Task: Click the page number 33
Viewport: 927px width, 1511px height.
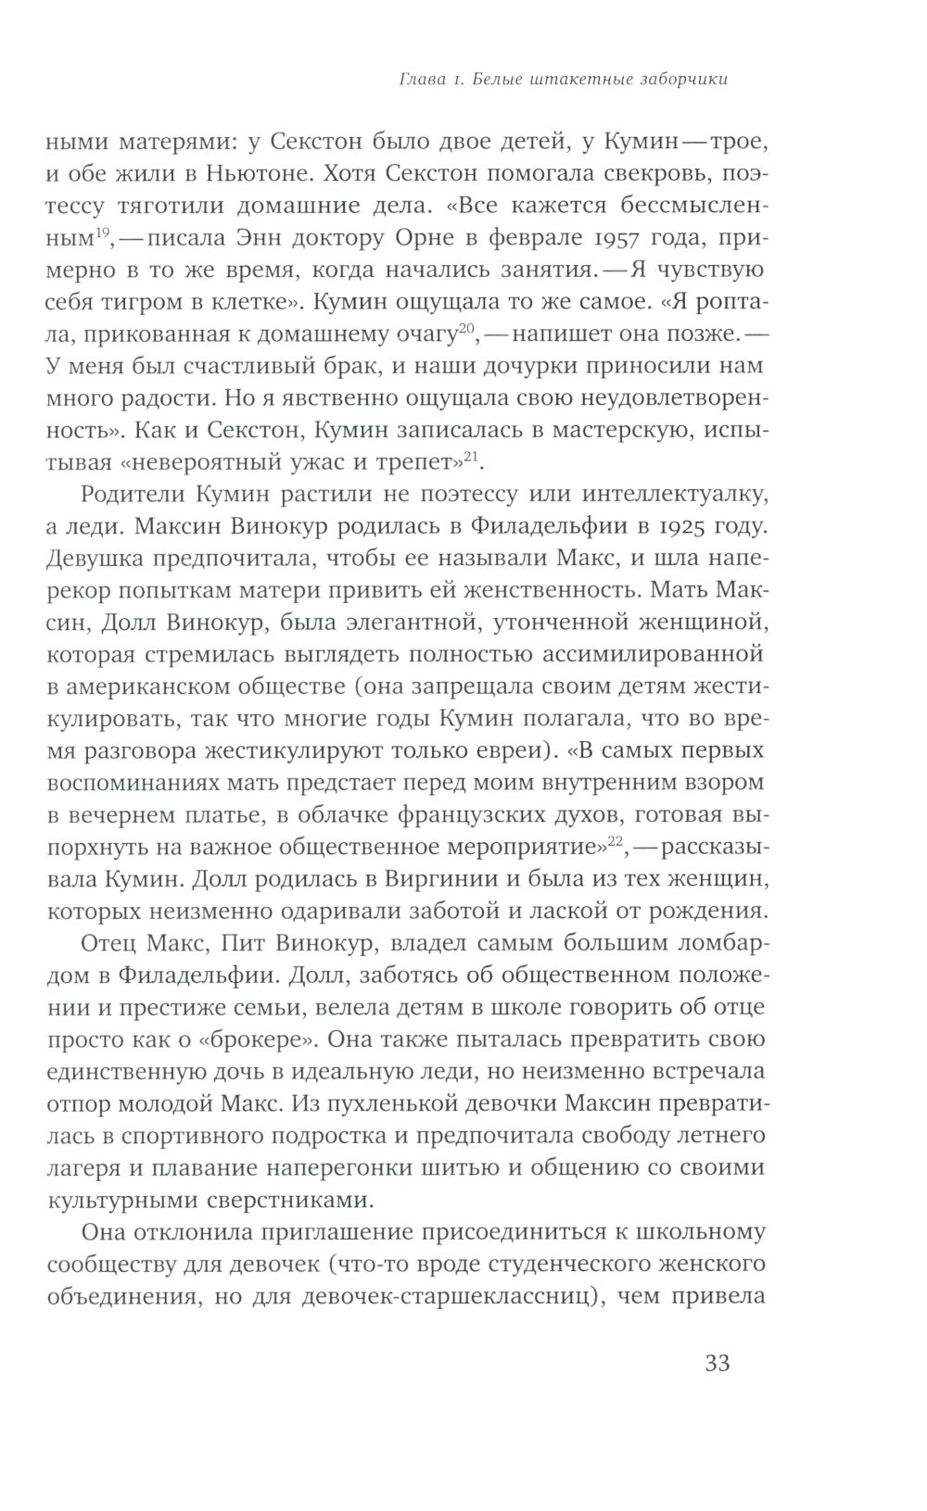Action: tap(717, 1364)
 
